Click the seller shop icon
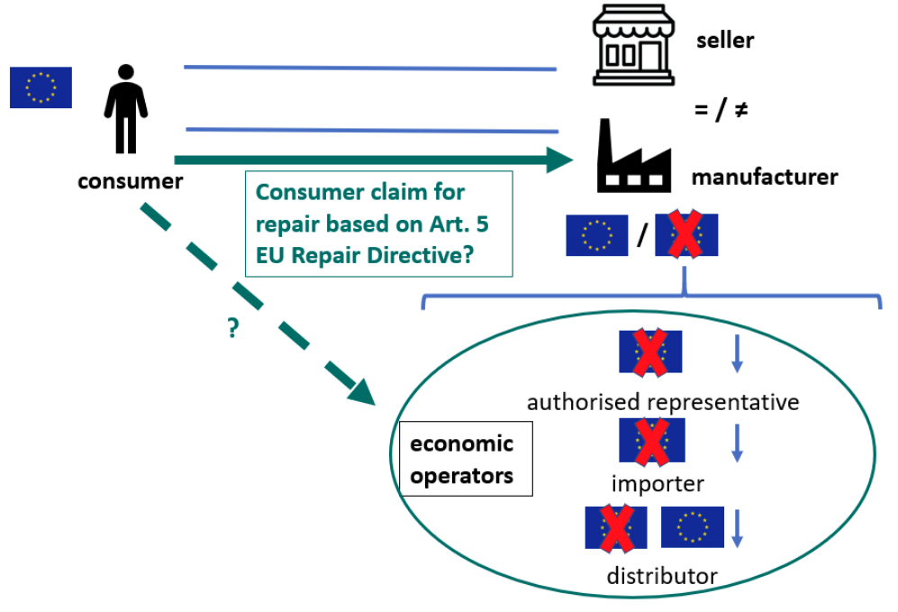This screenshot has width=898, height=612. tap(633, 45)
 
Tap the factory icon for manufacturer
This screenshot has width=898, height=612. tap(634, 156)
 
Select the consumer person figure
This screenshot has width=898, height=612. tap(126, 109)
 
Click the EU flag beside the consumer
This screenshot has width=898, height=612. tap(41, 87)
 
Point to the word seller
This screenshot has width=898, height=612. tap(725, 41)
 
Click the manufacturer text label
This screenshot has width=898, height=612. tap(765, 177)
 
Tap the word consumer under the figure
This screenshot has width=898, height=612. tap(131, 182)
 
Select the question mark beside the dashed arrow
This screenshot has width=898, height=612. tap(232, 328)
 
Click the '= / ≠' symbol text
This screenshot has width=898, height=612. tap(721, 109)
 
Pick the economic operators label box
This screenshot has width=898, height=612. tap(466, 459)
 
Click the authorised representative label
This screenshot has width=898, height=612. tap(663, 402)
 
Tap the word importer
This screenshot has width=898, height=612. tap(658, 484)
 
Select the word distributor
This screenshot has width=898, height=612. tap(662, 576)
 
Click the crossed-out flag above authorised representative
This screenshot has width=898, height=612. tap(650, 352)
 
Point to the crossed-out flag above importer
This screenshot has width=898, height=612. tap(652, 441)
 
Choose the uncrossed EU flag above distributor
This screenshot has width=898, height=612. tap(693, 527)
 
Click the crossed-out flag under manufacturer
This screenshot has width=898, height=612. tap(686, 234)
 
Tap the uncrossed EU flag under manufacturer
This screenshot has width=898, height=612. tap(597, 235)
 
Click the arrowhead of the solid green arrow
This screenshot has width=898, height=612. tap(559, 160)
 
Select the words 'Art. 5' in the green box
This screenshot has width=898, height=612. tap(459, 224)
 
